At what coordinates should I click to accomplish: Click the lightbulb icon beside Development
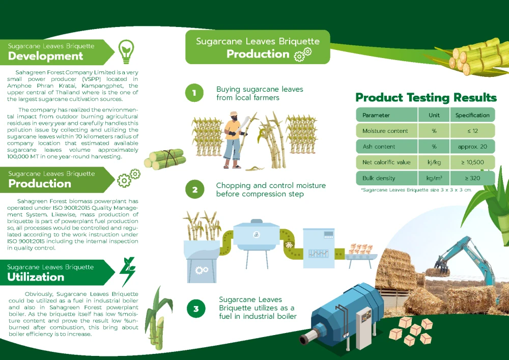[126, 51]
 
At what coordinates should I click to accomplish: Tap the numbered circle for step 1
[194, 93]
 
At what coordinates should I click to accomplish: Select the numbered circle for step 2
[195, 189]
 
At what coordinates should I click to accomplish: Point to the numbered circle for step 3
[196, 309]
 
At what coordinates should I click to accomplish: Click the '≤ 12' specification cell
[473, 131]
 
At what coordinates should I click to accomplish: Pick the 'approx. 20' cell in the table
[473, 147]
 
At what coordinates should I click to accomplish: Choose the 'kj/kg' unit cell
[434, 162]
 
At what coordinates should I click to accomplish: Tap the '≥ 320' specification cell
[473, 178]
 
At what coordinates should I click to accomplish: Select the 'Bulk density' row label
[379, 178]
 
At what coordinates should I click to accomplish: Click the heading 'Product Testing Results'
[426, 97]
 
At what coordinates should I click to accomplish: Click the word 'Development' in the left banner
[45, 56]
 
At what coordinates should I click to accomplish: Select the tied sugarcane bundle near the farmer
[165, 159]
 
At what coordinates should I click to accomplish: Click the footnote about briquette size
[416, 190]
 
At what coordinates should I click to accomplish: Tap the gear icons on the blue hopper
[202, 270]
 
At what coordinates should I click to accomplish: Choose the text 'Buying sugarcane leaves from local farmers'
[260, 94]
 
